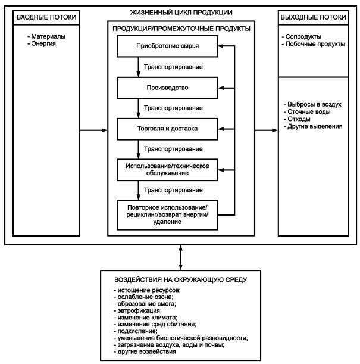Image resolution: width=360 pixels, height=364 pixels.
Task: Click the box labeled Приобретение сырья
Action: tap(167, 46)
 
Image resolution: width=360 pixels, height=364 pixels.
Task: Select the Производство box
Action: tap(167, 88)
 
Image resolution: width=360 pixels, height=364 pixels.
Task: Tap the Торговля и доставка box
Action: tap(167, 129)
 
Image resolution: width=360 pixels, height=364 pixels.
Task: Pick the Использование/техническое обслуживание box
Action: tap(167, 170)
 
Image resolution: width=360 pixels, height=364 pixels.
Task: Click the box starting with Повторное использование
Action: tap(167, 215)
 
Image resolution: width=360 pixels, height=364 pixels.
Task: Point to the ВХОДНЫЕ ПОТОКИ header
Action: tap(46, 17)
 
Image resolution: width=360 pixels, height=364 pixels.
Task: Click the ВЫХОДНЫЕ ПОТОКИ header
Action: tap(313, 17)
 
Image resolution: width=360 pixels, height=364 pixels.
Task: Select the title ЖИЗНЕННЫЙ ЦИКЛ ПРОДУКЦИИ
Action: tap(181, 13)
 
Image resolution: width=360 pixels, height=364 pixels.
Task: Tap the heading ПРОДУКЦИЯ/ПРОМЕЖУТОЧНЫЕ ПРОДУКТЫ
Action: tap(181, 29)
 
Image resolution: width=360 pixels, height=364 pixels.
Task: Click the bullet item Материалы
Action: tap(46, 36)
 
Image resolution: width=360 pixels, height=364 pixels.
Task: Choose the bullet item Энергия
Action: tap(42, 43)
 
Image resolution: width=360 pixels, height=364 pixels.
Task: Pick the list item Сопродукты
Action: tap(301, 37)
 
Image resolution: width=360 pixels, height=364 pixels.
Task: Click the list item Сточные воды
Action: tap(307, 111)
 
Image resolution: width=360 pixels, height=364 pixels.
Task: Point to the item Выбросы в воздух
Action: tap(312, 104)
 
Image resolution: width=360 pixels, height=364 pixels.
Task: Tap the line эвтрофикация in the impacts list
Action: tap(137, 310)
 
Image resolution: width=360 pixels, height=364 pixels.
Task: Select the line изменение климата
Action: tap(146, 318)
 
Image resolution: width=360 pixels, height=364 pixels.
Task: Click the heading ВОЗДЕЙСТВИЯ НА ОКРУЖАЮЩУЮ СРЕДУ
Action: tap(180, 280)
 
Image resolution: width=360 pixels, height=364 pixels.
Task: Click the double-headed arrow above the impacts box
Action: tap(180, 257)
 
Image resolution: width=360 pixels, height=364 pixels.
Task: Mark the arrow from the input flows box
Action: tap(93, 130)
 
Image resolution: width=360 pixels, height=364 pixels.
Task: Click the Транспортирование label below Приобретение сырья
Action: tap(173, 67)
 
